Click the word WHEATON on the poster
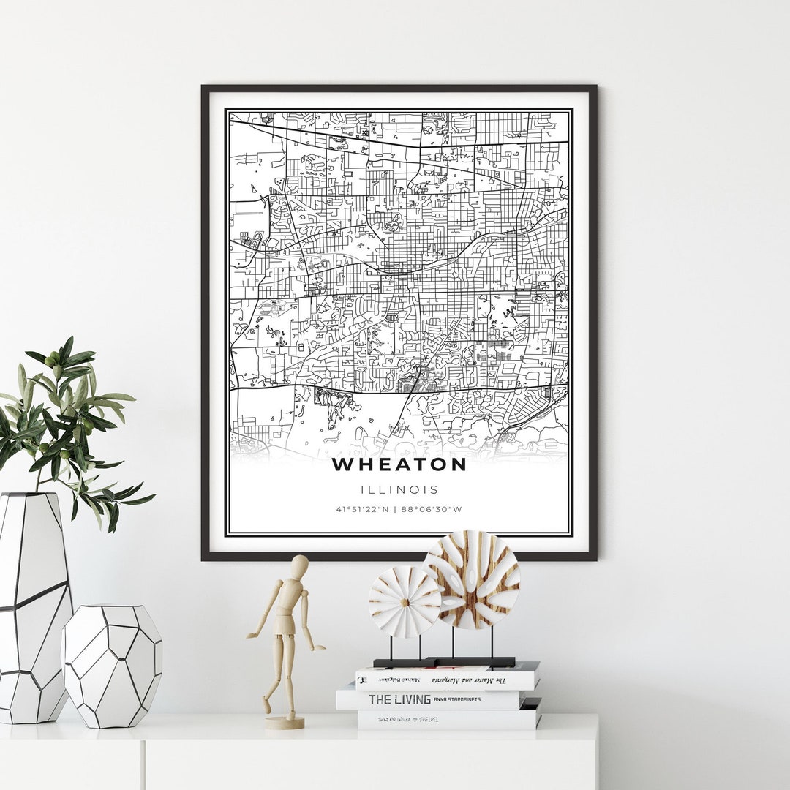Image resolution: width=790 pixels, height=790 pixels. [399, 464]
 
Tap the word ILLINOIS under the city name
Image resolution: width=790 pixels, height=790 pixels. [399, 489]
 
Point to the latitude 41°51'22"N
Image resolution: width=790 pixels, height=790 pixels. [361, 509]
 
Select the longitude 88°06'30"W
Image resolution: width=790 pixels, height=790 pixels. [437, 509]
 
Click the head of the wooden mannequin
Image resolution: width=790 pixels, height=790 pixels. [299, 565]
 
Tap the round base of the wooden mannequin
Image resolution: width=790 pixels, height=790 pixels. [285, 722]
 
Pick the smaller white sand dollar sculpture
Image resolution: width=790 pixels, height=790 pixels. [404, 601]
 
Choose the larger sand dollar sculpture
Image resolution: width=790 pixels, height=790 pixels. [471, 580]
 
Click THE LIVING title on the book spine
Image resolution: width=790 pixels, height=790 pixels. [399, 699]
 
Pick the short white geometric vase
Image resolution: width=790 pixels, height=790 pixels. [111, 666]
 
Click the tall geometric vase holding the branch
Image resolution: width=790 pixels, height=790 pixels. [33, 607]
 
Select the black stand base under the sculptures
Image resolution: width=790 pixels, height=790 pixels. [445, 662]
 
